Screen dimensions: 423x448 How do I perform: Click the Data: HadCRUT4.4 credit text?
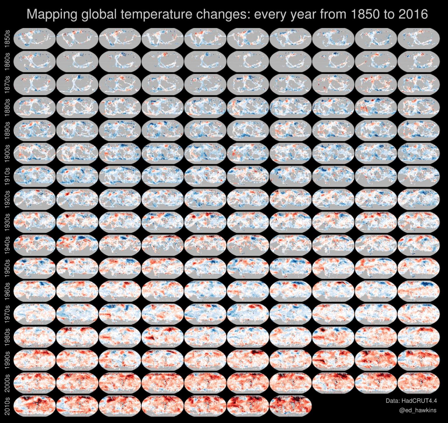coord(411,401)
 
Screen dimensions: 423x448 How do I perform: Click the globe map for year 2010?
coord(35,406)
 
